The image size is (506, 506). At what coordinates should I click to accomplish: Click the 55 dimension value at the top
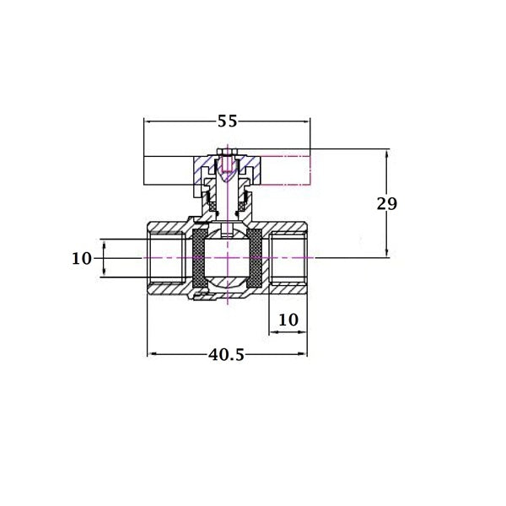pos(227,121)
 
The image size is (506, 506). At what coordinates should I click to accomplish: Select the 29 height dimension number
pos(387,203)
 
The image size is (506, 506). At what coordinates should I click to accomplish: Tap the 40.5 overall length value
pos(226,355)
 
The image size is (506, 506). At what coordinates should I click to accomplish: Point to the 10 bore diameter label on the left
pos(81,259)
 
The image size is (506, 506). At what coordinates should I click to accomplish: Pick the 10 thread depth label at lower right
pos(288,320)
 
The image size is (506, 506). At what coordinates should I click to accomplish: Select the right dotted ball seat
pos(255,258)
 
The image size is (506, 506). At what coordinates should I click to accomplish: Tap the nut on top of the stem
pos(227,152)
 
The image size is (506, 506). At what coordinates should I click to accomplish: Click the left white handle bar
pos(169,170)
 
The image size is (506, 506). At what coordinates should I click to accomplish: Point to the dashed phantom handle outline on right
pos(285,170)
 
